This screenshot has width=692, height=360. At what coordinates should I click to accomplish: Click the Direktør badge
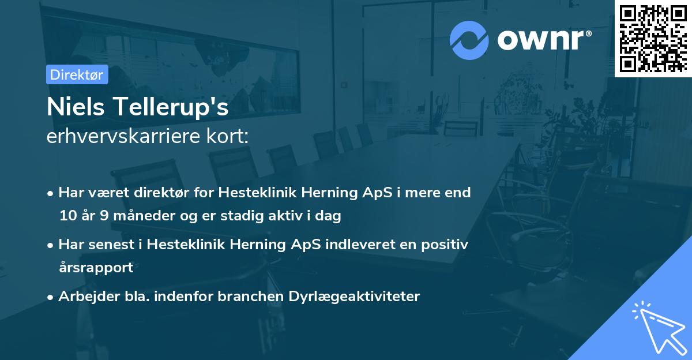tap(77, 74)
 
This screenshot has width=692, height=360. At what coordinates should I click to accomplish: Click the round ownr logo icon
tap(469, 40)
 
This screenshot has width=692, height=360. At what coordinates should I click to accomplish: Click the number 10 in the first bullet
tap(67, 216)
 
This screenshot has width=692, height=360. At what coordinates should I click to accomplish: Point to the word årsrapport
tap(96, 268)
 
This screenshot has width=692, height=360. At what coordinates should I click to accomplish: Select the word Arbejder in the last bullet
tap(83, 297)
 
